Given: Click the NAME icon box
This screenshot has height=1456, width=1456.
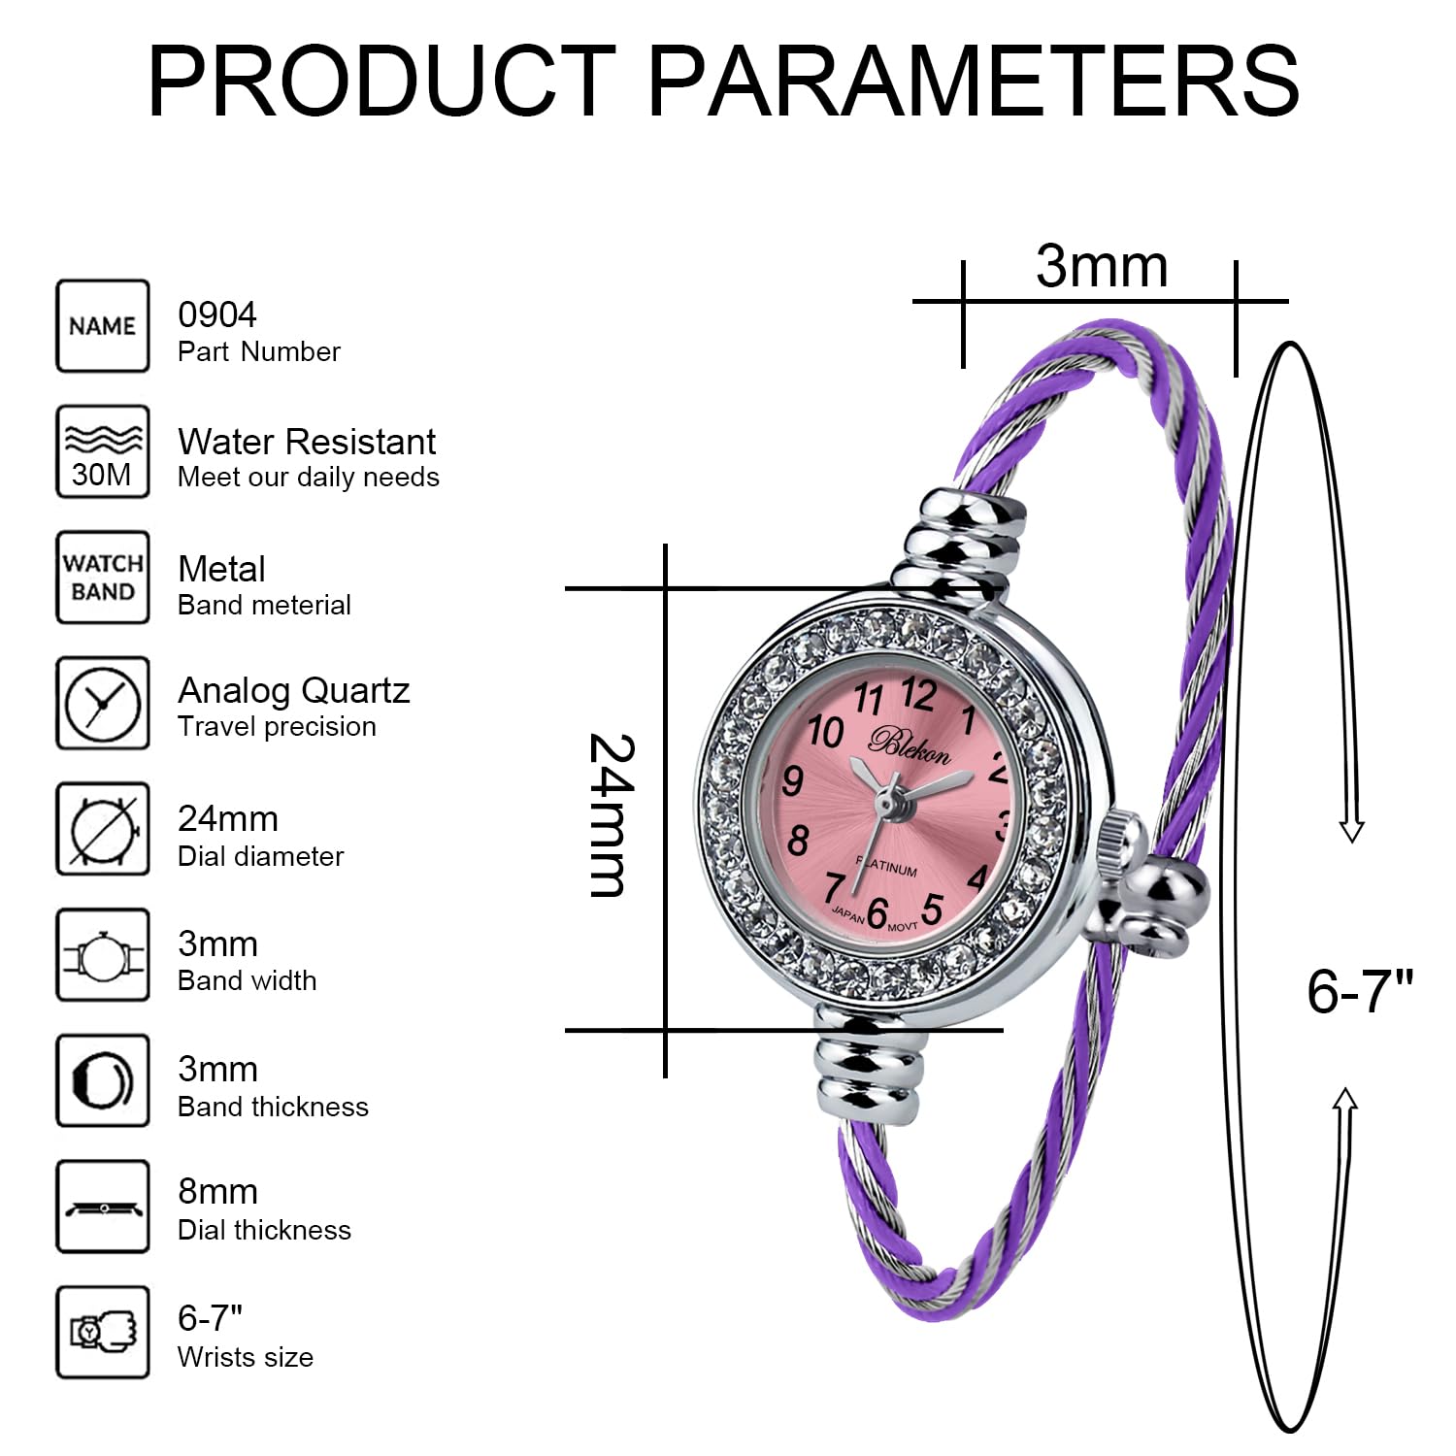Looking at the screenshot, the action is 103,326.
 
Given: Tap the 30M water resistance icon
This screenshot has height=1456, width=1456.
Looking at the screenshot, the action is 103,452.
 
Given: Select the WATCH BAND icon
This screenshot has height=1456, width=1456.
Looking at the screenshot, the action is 103,578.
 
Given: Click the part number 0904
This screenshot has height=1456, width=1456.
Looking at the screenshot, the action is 217,314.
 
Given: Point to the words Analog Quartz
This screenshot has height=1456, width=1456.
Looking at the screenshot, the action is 294,690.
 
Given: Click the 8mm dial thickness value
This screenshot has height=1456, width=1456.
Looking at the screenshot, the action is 217,1191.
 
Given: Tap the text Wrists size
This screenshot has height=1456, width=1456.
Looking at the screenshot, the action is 246,1357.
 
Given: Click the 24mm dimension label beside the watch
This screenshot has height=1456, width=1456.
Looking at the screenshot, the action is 612,815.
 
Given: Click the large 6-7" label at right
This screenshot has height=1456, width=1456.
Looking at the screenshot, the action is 1360,991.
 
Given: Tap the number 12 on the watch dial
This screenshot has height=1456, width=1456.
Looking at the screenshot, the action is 917,694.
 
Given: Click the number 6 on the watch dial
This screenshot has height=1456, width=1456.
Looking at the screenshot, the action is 877,912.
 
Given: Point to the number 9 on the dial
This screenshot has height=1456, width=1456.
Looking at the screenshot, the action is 793,780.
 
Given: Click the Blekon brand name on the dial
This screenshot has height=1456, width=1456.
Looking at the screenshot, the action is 910,745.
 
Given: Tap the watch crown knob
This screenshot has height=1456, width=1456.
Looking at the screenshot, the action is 1124,840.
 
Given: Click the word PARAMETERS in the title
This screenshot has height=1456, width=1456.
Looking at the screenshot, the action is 973,82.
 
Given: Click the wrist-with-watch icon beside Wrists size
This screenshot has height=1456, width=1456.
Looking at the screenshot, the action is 103,1332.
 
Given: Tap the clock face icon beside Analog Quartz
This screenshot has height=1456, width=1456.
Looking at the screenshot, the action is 103,703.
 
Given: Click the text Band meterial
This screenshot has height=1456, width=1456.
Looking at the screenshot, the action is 264,605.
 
